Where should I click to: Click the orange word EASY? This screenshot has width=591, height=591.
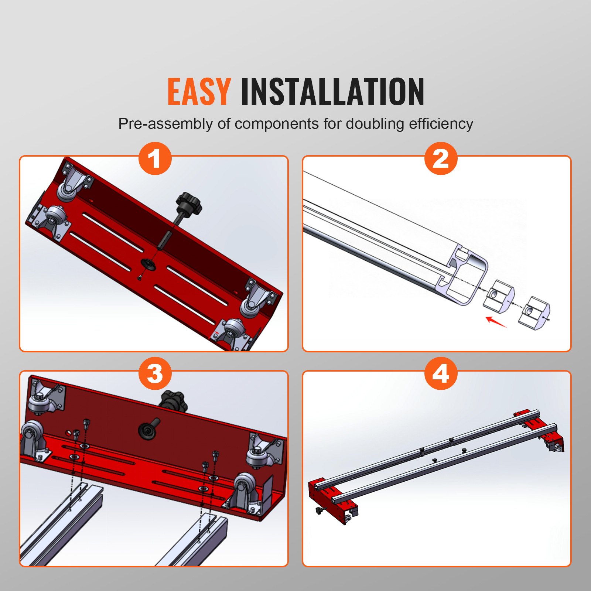tap(199, 92)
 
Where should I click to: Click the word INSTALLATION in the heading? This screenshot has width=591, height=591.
tap(332, 92)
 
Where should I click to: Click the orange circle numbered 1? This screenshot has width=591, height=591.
tap(155, 158)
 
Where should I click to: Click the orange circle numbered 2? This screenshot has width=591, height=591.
tap(441, 158)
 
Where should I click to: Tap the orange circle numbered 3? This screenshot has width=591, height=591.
tap(155, 373)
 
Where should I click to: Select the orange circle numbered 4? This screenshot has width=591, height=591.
tap(441, 373)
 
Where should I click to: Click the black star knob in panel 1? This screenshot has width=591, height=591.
tap(189, 203)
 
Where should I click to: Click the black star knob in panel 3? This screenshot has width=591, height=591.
tap(173, 402)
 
